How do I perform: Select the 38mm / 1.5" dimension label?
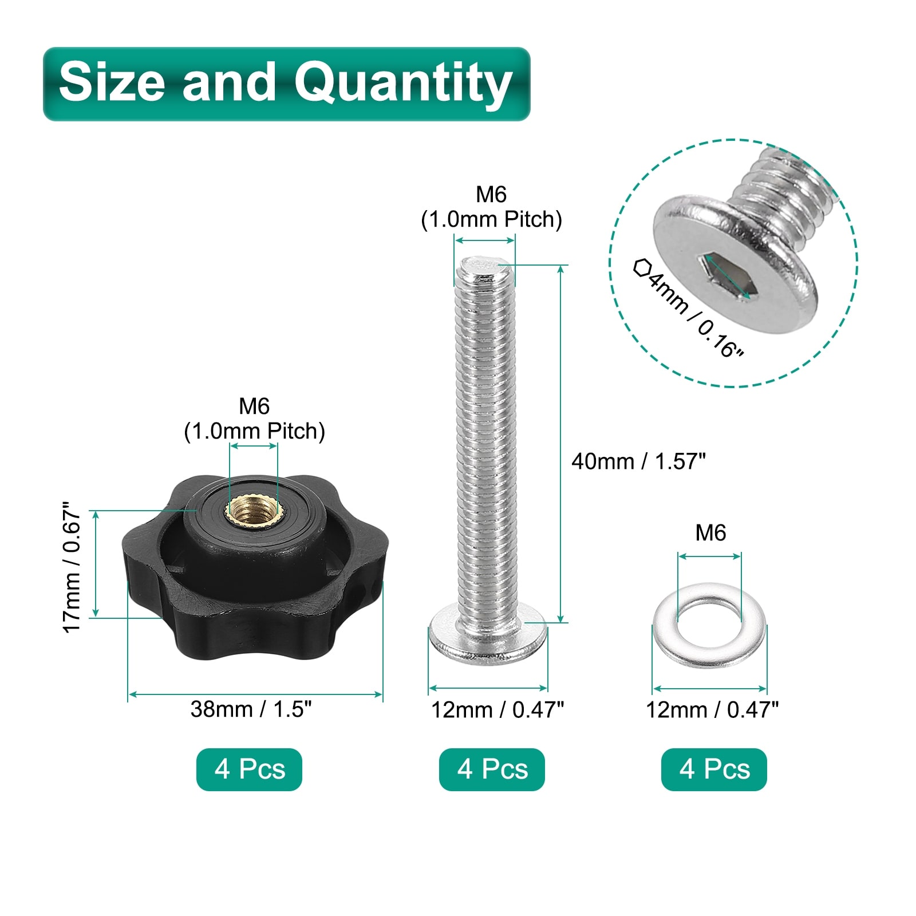[x=251, y=709]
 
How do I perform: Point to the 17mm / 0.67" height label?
[x=73, y=567]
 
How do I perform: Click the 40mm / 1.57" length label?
[x=638, y=461]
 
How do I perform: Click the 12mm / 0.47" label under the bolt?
[x=498, y=710]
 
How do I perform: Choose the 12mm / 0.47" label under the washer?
[x=712, y=710]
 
